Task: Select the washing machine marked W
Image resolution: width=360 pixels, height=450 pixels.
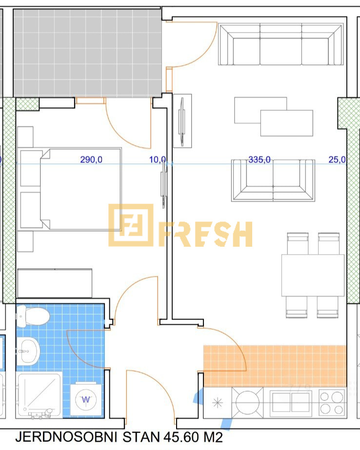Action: (x=86, y=399)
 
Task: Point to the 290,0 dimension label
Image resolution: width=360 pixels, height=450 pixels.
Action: (x=91, y=159)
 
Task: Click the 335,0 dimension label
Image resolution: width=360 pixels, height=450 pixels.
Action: (x=259, y=159)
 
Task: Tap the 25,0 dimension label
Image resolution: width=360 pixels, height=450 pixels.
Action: (x=337, y=159)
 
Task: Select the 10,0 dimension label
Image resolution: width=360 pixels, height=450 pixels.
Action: (x=158, y=159)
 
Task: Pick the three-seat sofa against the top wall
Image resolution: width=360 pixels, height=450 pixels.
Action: (x=281, y=44)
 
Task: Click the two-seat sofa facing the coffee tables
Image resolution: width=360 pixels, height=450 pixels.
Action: (x=273, y=180)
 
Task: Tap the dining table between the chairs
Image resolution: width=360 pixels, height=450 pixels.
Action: (x=313, y=275)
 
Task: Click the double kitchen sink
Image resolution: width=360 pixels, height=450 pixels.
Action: (x=291, y=403)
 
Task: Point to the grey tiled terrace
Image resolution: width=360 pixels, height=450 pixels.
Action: (x=87, y=53)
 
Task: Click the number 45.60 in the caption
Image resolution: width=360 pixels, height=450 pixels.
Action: (x=181, y=437)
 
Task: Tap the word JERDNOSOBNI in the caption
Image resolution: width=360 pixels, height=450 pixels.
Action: (x=66, y=437)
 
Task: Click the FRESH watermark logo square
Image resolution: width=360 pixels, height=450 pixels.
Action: (x=131, y=225)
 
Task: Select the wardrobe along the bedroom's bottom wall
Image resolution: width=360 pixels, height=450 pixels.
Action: (x=55, y=283)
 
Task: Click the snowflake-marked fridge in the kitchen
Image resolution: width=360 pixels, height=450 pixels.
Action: (x=218, y=403)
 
